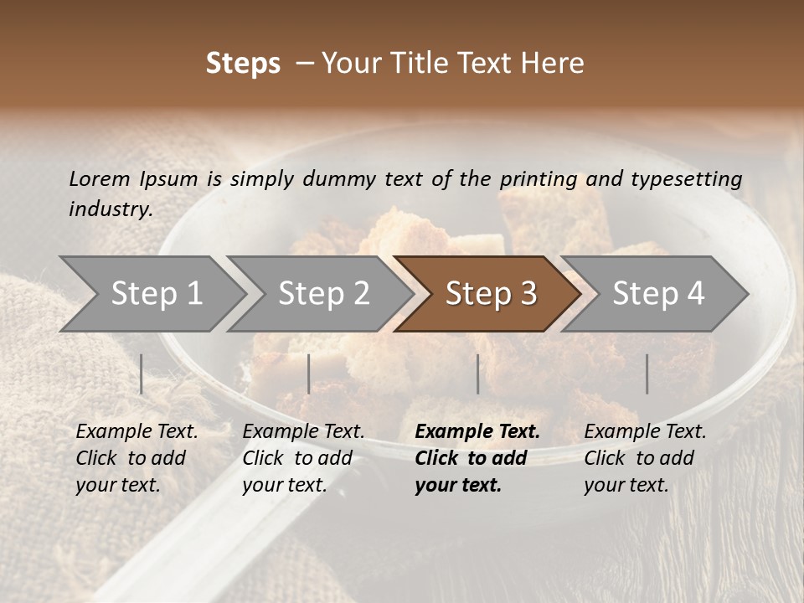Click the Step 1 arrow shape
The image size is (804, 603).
(x=155, y=294)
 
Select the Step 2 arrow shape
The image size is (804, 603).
(x=322, y=294)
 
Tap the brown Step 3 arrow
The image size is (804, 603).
(x=490, y=294)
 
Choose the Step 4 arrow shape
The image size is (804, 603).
(x=658, y=294)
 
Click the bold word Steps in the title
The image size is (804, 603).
(x=243, y=63)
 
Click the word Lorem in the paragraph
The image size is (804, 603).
(x=99, y=178)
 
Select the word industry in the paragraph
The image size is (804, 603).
(x=111, y=209)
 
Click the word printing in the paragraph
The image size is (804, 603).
(x=539, y=178)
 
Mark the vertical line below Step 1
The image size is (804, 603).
(x=142, y=374)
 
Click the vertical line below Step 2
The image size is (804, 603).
(x=309, y=374)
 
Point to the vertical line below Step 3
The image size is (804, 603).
(x=478, y=374)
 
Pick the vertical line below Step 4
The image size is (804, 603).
(x=647, y=374)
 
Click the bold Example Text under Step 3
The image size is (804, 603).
(x=477, y=432)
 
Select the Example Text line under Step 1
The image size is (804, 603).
(x=137, y=432)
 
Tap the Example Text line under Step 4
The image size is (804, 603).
(x=645, y=432)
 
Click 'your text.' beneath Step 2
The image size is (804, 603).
(x=285, y=485)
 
